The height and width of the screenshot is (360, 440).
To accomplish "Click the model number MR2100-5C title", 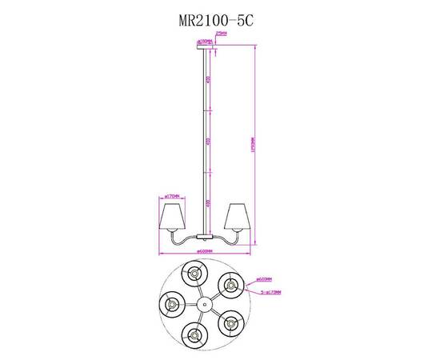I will click(209, 22).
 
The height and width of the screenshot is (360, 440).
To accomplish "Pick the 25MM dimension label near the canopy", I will click(222, 34).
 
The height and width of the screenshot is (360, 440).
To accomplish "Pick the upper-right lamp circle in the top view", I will click(230, 284).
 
